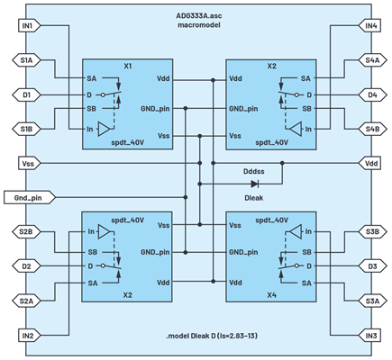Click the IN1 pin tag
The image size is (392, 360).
coord(29,26)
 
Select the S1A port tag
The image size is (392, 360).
coord(26,60)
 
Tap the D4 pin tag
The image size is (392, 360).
coord(372,95)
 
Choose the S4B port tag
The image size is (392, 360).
coord(372,130)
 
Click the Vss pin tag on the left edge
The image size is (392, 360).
coord(29,164)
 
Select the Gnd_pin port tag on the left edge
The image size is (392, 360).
coord(30,198)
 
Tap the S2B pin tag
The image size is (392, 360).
coord(26,232)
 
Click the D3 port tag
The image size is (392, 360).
coord(372,266)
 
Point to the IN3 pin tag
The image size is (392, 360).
coord(369,336)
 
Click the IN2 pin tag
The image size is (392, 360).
coord(29,336)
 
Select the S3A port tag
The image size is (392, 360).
coord(372,301)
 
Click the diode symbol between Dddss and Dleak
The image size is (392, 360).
coord(255,184)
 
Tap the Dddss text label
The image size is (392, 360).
coord(254,172)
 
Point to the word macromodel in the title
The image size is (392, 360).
coord(199,25)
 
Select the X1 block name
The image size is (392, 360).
coord(128,66)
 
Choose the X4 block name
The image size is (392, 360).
coord(271,295)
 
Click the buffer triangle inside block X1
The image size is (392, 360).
coord(105,130)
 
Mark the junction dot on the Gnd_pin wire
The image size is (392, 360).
coord(186,197)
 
